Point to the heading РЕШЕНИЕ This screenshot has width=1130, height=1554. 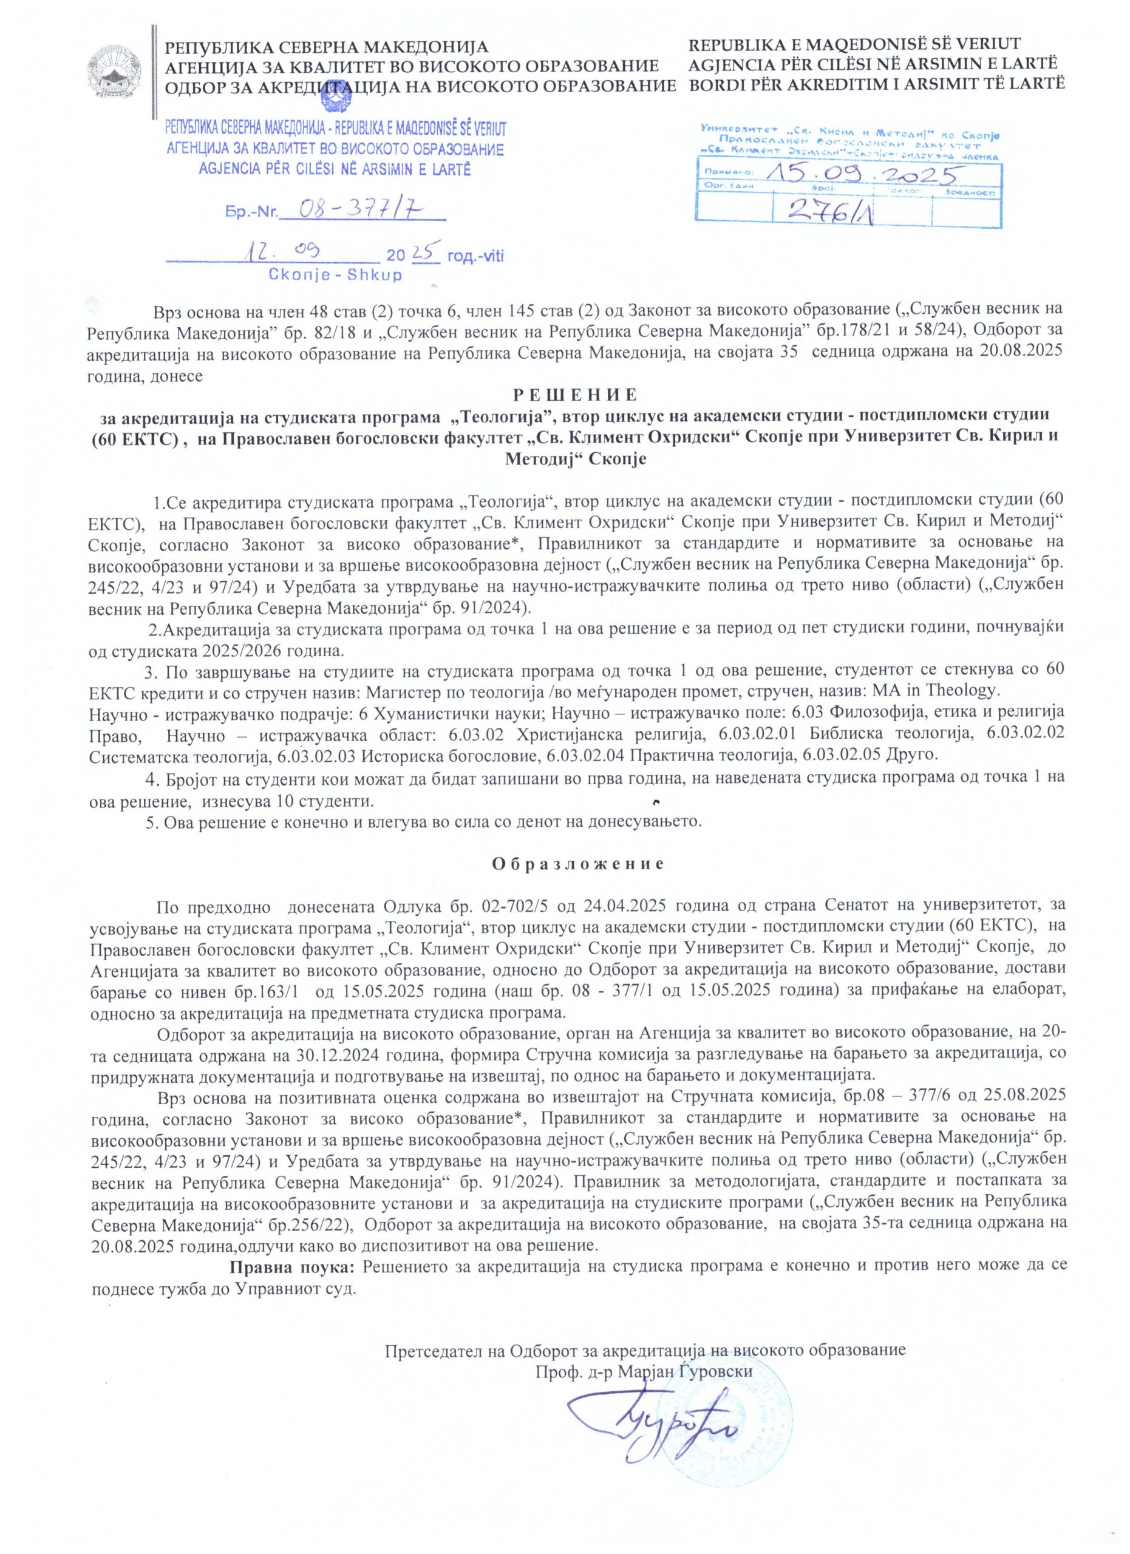(x=575, y=395)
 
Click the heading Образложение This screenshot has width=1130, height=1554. (x=577, y=864)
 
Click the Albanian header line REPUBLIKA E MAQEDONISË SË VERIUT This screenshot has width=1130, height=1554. (x=854, y=45)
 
